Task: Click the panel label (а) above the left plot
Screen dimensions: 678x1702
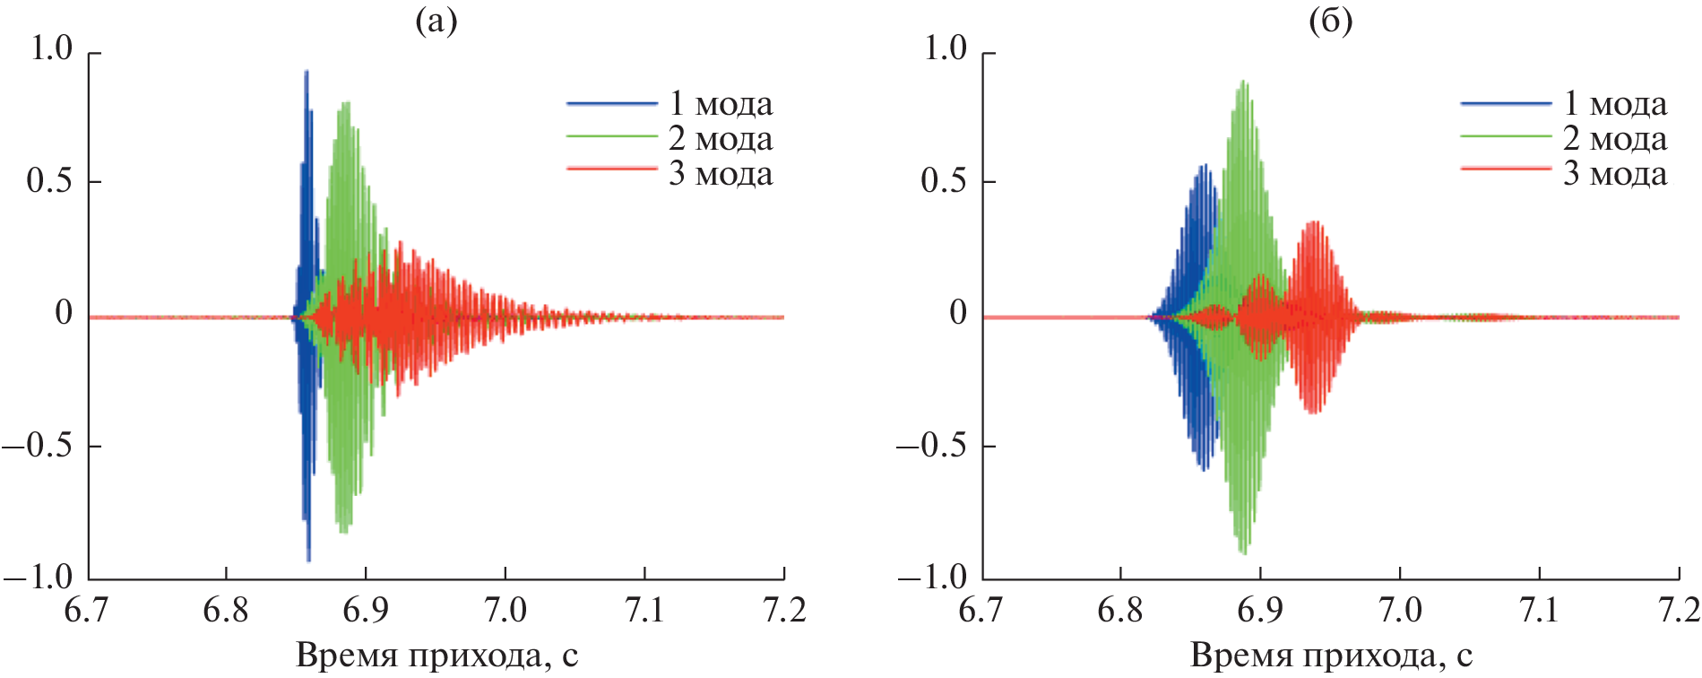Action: point(436,21)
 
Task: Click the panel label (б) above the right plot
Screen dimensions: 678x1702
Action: point(1330,21)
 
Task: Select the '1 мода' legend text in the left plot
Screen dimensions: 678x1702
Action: point(721,104)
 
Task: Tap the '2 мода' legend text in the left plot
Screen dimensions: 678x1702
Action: point(721,139)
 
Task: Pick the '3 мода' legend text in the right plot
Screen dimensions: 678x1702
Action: point(1615,173)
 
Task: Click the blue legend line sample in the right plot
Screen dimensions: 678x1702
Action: point(1506,104)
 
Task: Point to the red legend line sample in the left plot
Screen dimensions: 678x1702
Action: point(612,169)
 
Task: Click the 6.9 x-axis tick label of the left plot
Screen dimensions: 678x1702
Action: point(366,611)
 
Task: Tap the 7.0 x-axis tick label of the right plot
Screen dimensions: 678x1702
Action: point(1399,611)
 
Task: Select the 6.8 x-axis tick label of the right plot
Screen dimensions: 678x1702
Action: point(1120,611)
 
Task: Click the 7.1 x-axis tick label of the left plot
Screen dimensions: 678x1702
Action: point(644,611)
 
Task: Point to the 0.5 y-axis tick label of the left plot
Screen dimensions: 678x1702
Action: point(50,181)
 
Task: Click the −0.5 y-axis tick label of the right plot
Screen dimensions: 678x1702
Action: point(933,446)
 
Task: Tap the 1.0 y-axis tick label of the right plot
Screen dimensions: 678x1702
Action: point(945,48)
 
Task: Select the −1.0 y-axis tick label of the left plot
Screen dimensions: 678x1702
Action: point(39,578)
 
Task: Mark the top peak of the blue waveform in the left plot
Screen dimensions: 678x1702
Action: point(307,72)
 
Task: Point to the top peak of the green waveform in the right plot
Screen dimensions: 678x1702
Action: point(1243,82)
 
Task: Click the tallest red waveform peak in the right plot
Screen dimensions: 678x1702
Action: point(1315,222)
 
